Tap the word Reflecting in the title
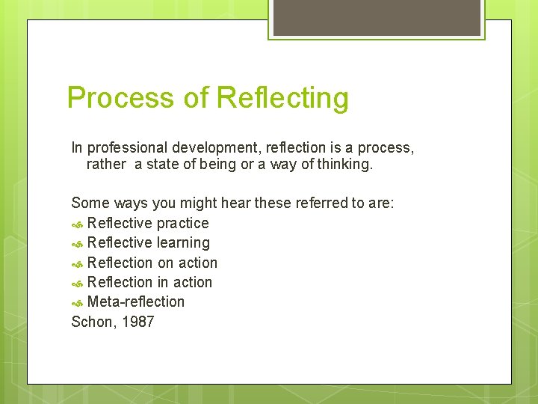(x=282, y=98)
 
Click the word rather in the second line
(x=107, y=164)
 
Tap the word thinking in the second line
(x=344, y=164)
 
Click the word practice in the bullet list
(x=182, y=223)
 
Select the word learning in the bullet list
(x=183, y=242)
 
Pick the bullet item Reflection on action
(x=152, y=263)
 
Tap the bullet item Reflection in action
(x=149, y=282)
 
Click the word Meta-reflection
(x=136, y=302)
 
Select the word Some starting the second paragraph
(x=88, y=203)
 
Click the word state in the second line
(x=163, y=164)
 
